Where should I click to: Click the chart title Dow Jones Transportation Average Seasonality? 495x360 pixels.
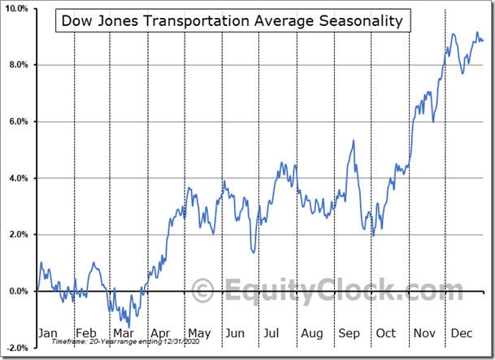point(232,21)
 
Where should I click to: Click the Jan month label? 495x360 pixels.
point(48,333)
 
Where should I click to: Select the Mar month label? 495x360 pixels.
point(124,333)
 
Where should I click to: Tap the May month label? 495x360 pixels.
point(198,333)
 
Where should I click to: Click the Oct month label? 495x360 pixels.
point(385,333)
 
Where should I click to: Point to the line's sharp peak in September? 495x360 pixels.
point(354,141)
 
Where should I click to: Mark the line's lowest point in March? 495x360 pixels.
point(128,327)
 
